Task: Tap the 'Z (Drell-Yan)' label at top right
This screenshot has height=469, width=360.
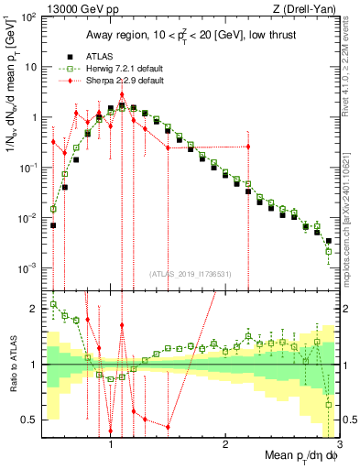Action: (311, 8)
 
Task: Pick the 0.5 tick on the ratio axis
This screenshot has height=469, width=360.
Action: (29, 420)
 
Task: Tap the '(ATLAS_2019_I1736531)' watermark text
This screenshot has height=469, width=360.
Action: (190, 274)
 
